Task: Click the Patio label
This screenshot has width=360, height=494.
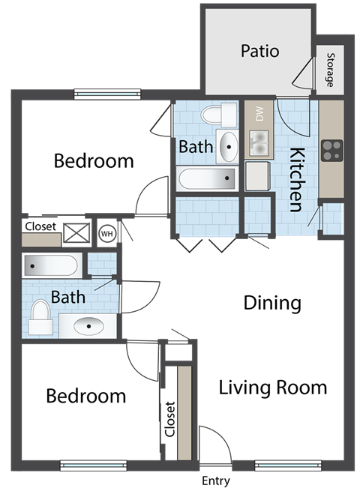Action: coord(259,52)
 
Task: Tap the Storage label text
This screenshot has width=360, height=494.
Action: coord(329,70)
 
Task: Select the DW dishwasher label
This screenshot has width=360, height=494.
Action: coord(259,115)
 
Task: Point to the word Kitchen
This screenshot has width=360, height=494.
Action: coord(297,181)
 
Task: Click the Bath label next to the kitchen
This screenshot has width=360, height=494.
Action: coord(195,147)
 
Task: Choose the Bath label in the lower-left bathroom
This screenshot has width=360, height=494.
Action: coord(67,297)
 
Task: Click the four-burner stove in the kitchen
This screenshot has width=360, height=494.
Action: coord(331,151)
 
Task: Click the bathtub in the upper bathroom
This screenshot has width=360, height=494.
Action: coord(207,179)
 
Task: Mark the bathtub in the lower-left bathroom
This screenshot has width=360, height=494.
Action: coord(51,265)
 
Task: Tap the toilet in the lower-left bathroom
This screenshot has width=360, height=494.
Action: coord(40,319)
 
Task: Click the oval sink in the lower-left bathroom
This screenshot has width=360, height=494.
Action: coord(88,325)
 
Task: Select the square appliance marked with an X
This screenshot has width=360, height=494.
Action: coord(75,233)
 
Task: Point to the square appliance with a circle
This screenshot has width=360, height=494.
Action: coord(106,233)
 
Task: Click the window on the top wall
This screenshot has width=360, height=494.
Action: coord(107,94)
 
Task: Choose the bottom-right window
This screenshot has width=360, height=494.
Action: coord(277,465)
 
